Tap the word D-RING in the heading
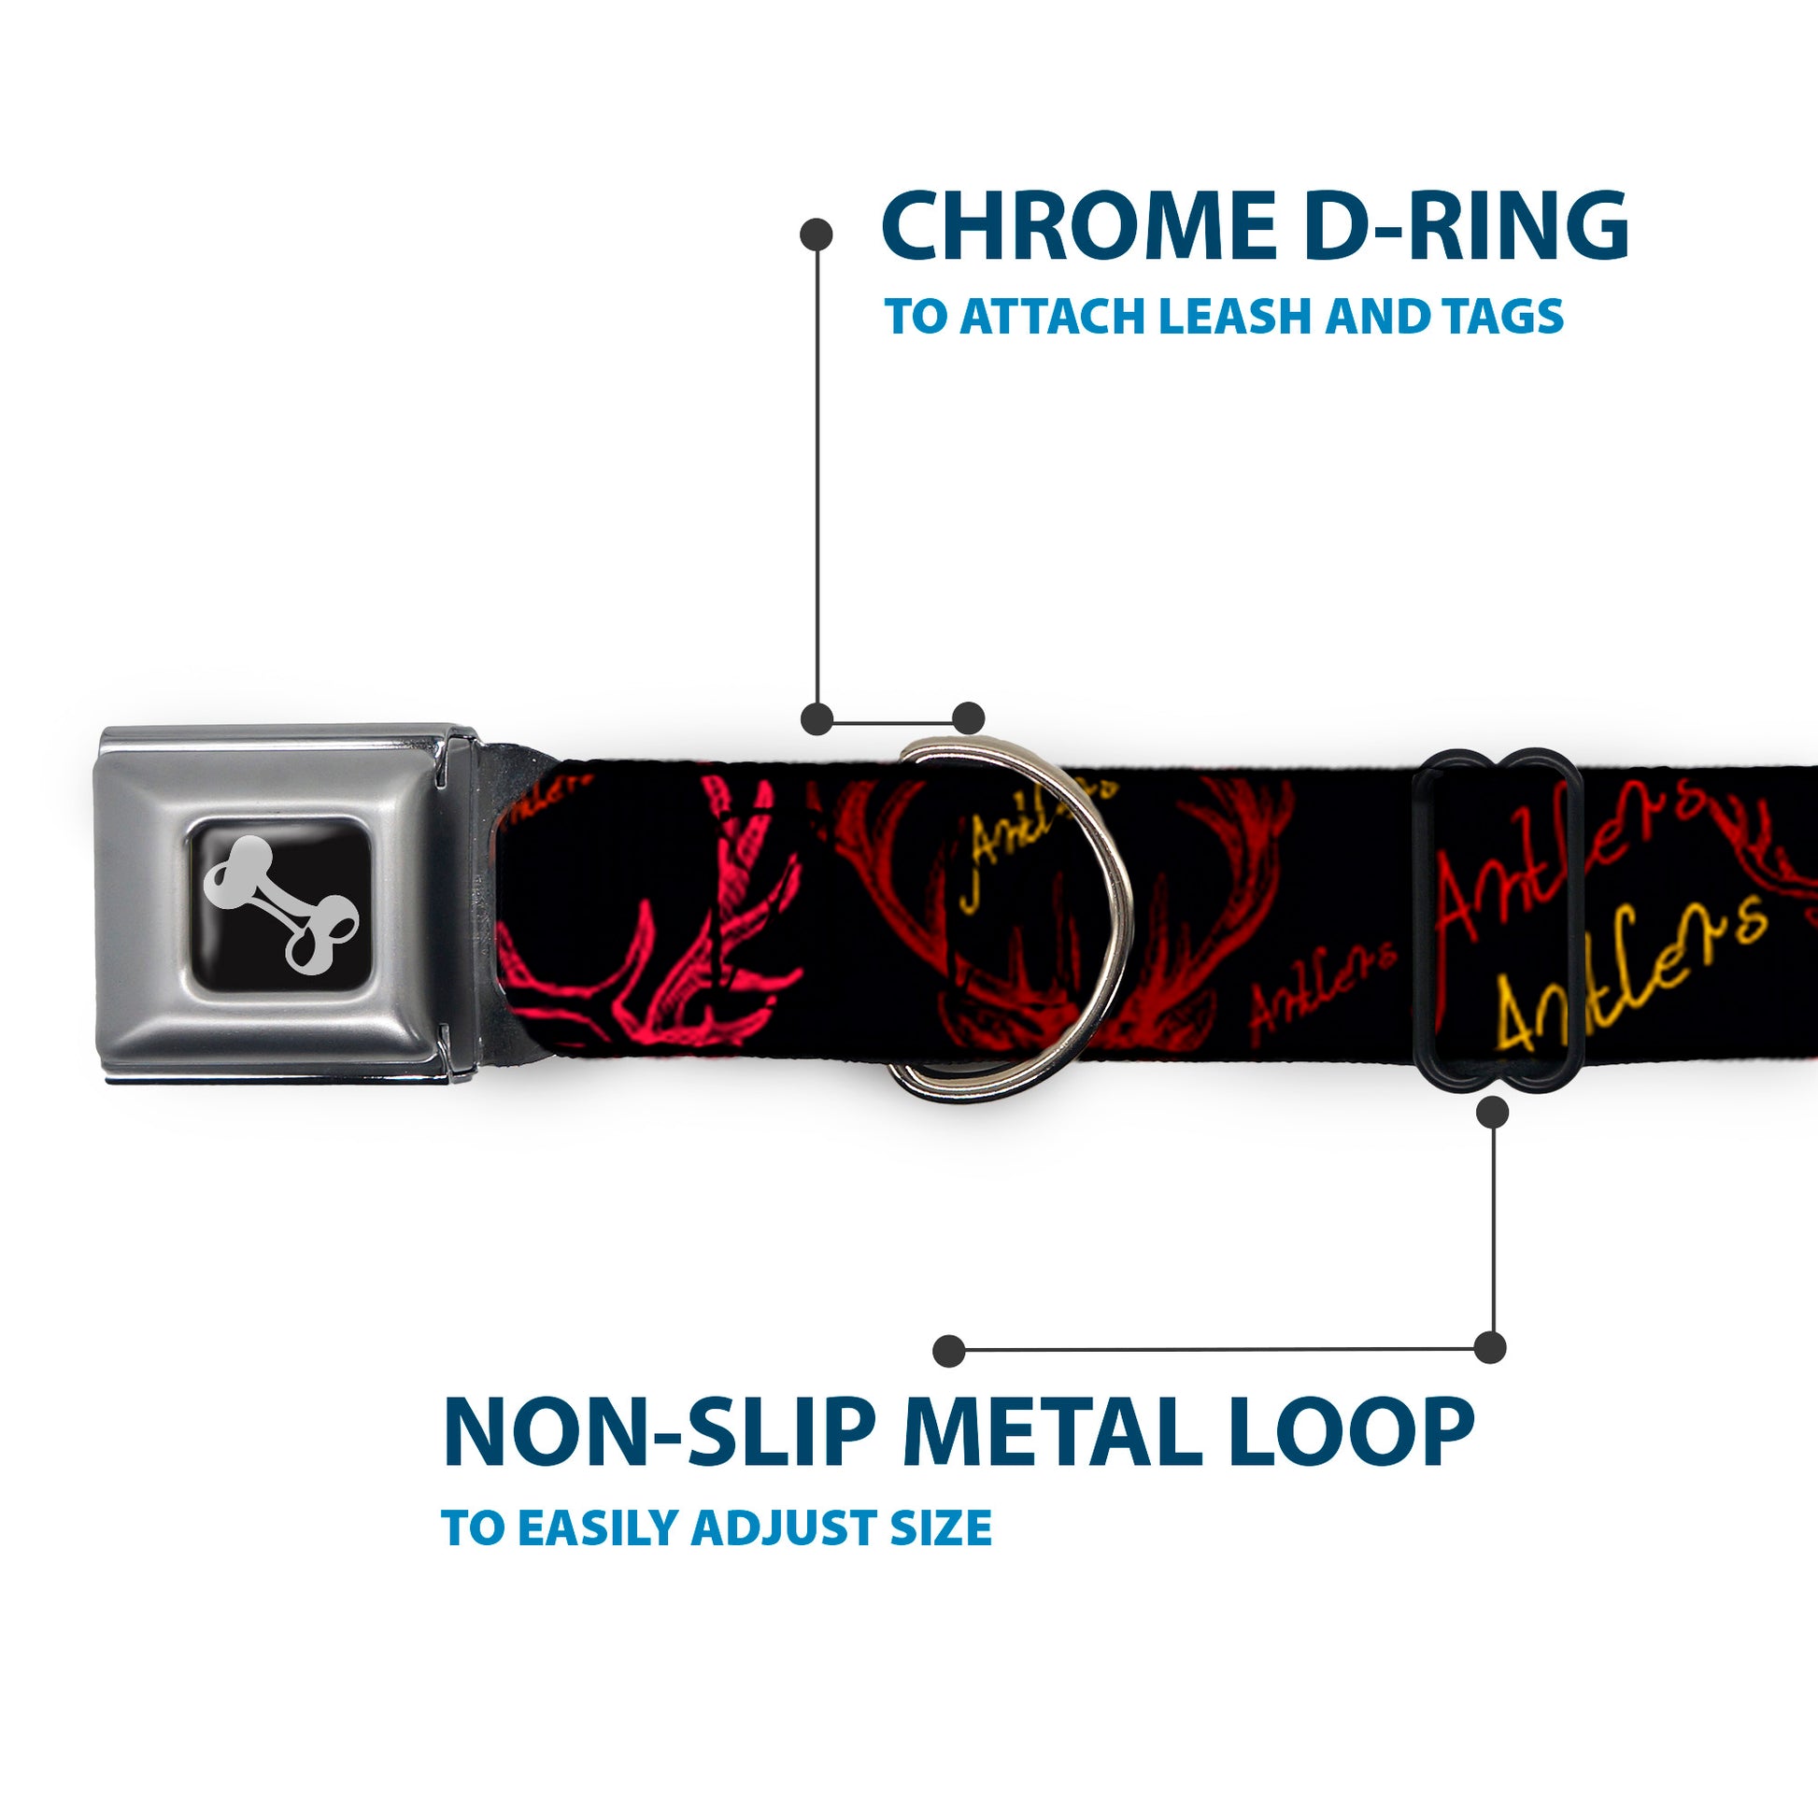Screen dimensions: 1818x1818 (1469, 226)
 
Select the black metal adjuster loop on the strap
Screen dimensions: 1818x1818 (1499, 920)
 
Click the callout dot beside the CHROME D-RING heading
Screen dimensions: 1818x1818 (816, 234)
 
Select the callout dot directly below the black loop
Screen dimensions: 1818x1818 (1492, 1114)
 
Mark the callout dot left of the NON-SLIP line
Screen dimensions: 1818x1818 (949, 1351)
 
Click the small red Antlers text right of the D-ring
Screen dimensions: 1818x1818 (1322, 983)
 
